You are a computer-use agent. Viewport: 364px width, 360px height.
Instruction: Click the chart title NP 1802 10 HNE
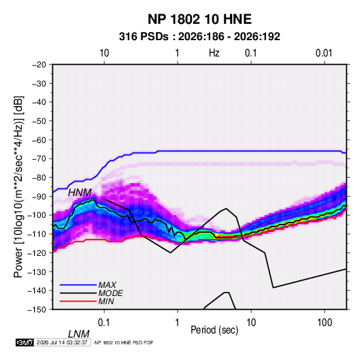199,19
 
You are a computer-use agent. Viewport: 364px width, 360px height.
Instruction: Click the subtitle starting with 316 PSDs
199,37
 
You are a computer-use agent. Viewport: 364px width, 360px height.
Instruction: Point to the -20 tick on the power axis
39,65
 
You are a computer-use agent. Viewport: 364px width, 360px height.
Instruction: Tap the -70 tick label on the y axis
39,159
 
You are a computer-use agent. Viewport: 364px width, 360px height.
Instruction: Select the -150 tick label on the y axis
37,310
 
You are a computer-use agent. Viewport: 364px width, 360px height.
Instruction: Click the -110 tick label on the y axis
37,234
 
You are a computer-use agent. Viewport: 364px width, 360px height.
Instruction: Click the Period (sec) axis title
214,330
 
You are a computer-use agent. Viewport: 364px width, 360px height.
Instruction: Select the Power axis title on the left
18,187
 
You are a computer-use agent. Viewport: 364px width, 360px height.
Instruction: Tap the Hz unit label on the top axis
214,53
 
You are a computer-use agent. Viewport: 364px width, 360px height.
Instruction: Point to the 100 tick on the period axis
325,323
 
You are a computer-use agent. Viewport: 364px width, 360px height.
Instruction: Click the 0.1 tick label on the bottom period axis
103,323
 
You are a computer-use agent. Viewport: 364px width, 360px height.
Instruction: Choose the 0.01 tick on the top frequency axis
324,53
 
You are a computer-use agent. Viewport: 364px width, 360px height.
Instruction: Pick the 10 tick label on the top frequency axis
104,53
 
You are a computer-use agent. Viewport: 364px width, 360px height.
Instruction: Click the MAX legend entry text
107,284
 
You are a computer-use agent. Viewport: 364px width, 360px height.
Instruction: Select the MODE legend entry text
110,293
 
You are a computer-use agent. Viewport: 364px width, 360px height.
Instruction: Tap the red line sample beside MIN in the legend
78,301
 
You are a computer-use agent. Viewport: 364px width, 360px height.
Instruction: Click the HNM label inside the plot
80,193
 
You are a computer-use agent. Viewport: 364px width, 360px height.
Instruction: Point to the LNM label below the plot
79,334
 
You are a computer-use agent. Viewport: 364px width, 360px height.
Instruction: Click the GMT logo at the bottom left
25,342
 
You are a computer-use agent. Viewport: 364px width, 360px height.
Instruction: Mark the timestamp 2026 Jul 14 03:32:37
62,342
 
